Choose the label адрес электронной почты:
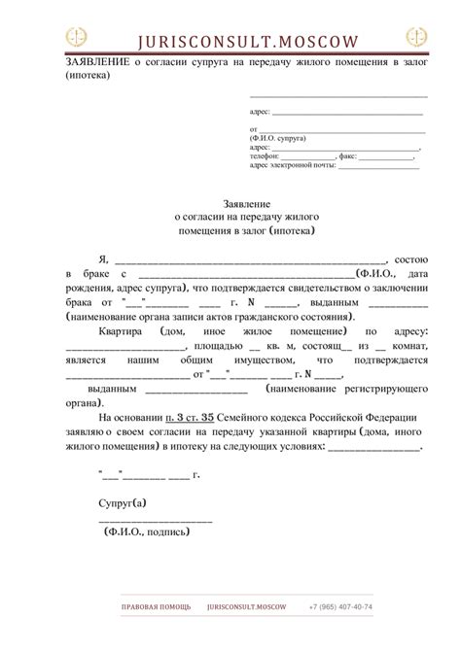coord(292,165)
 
